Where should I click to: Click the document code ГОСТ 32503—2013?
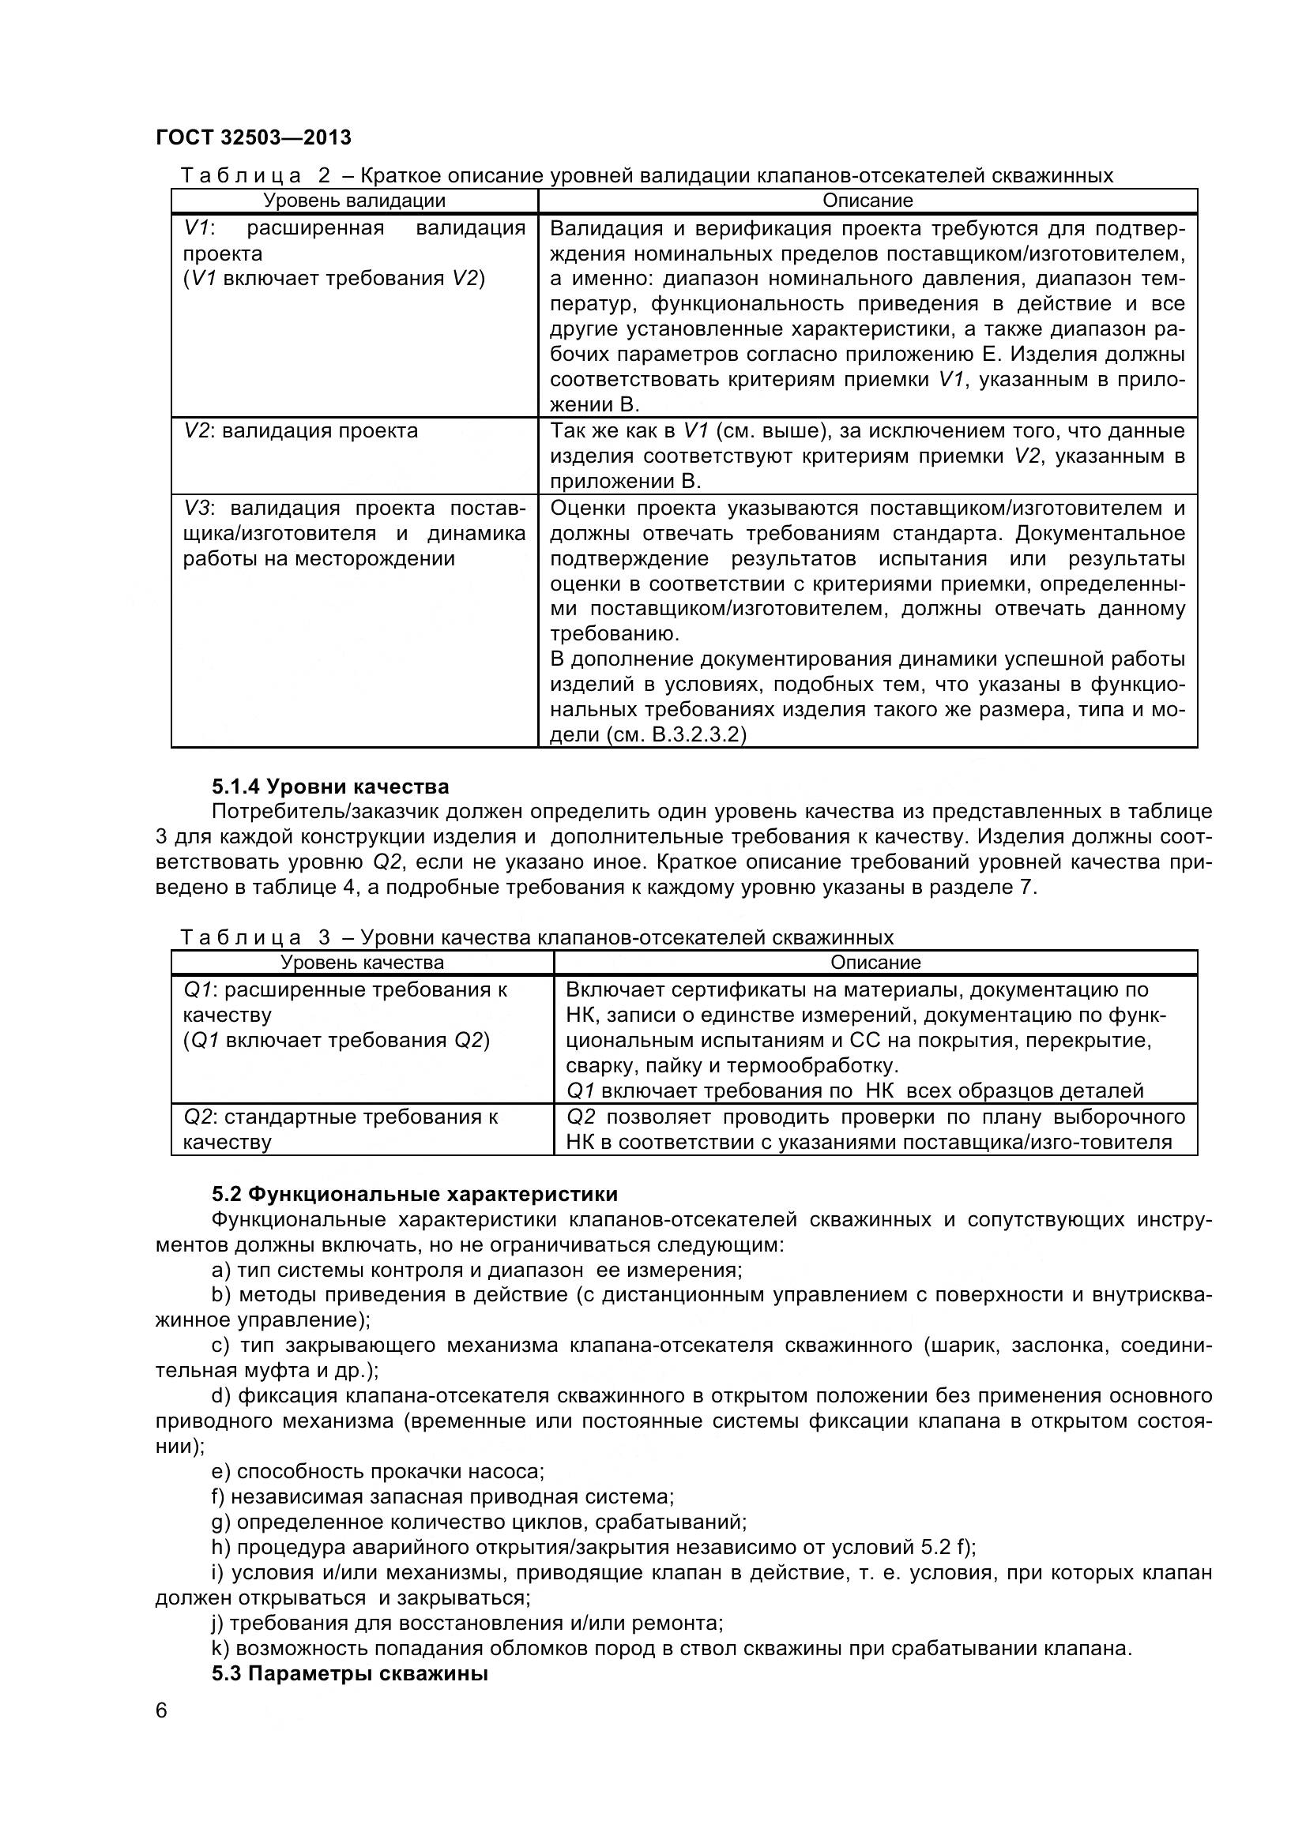click(254, 137)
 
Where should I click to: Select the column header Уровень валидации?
click(354, 201)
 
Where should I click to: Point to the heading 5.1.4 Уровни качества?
click(330, 786)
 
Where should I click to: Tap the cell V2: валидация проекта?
click(301, 430)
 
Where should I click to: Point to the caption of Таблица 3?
click(536, 937)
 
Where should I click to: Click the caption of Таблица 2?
click(646, 175)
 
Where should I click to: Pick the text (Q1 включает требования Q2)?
click(337, 1040)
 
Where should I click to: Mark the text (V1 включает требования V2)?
click(334, 278)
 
